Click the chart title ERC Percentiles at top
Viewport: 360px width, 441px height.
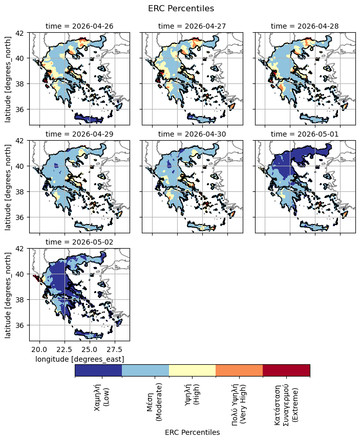(x=180, y=9)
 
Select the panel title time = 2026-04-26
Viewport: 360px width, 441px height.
(x=79, y=26)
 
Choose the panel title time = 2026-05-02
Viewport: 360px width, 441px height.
(x=79, y=242)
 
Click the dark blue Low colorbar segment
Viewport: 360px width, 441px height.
(x=98, y=370)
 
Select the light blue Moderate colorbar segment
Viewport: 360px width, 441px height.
(x=145, y=370)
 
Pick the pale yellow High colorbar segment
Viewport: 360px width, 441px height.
(x=192, y=370)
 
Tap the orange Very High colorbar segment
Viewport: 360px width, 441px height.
(x=239, y=370)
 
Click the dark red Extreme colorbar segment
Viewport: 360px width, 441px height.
(x=286, y=370)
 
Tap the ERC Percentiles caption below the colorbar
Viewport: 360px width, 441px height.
(x=192, y=432)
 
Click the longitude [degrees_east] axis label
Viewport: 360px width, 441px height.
(x=79, y=360)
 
